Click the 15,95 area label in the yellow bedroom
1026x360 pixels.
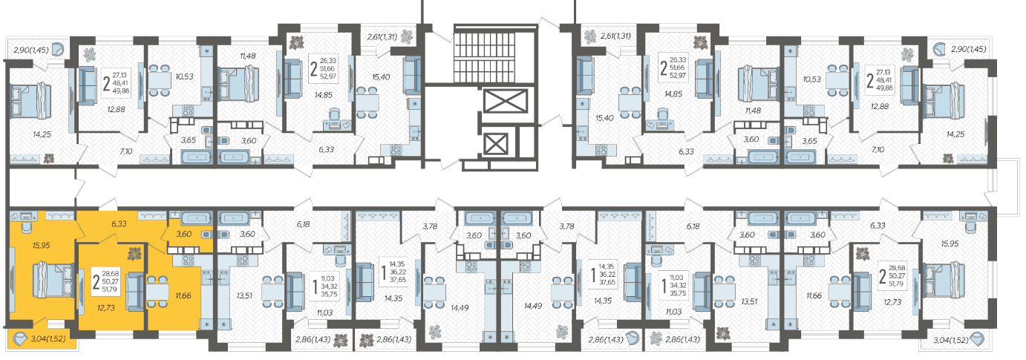42,246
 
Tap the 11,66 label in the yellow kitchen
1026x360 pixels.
183,296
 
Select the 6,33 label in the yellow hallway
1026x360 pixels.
119,224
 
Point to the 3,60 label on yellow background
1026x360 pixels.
183,234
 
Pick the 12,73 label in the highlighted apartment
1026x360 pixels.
106,308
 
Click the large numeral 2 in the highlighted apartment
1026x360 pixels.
97,281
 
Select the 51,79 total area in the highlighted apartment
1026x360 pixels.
110,289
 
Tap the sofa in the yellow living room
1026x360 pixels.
135,291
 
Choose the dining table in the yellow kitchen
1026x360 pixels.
157,291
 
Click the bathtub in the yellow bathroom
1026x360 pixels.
197,217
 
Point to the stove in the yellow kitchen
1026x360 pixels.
189,261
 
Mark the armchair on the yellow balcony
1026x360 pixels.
20,339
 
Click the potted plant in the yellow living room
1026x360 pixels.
134,253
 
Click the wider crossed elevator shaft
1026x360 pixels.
506,101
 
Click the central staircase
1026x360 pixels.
496,56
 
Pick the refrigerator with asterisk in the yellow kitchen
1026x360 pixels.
207,324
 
